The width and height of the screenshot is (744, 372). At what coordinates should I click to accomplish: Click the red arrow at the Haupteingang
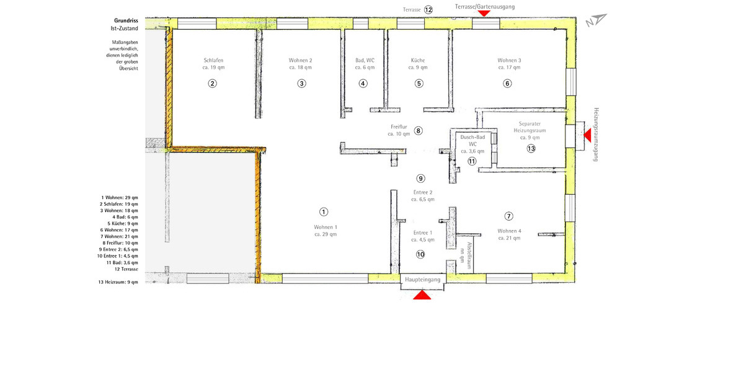pos(422,296)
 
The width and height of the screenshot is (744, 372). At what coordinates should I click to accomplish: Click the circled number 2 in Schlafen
pos(213,84)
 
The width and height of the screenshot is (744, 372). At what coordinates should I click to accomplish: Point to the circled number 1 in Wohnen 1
pos(324,212)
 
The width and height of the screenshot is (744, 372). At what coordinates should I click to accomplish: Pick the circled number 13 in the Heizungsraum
pos(531,149)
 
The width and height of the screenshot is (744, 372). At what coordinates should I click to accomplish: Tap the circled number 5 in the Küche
pos(419,84)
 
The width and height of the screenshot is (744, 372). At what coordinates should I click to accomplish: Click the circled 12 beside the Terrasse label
pos(428,10)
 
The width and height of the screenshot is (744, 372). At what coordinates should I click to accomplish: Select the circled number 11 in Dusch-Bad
pos(472,161)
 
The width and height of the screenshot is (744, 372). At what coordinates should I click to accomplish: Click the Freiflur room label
pos(399,126)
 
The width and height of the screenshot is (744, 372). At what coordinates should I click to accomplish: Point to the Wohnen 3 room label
pos(508,60)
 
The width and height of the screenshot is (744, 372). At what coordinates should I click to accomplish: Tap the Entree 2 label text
pos(423,192)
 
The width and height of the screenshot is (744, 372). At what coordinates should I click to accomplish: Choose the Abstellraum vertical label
pos(469,249)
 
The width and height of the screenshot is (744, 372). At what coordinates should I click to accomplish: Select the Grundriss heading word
pos(126,20)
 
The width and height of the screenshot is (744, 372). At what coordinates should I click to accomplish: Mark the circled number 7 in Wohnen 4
pos(509,216)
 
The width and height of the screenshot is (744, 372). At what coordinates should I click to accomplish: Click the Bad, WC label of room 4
pos(365,60)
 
